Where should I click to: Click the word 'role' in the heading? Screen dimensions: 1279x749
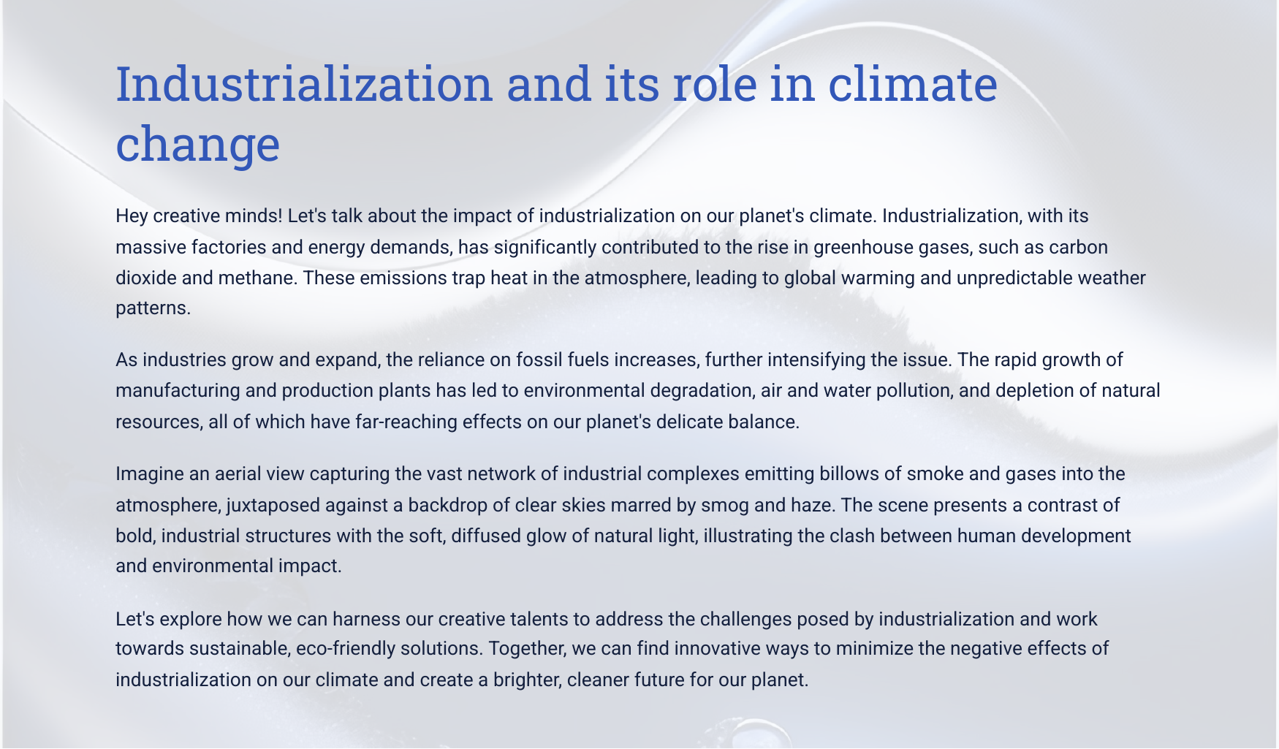click(714, 84)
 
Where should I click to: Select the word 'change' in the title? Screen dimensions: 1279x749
click(198, 143)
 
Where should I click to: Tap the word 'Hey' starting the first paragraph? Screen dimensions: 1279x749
click(132, 217)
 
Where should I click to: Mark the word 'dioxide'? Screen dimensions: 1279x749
click(144, 278)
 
